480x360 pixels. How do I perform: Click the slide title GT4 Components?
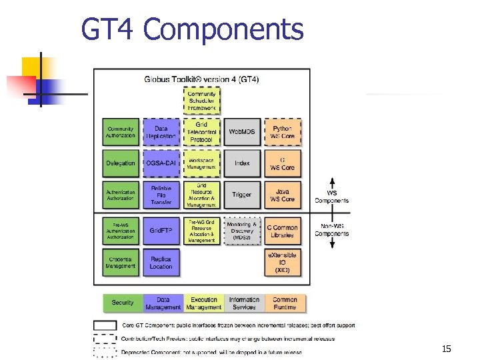pyautogui.click(x=192, y=29)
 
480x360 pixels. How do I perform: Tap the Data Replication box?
pyautogui.click(x=161, y=132)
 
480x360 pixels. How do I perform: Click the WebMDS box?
pyautogui.click(x=242, y=132)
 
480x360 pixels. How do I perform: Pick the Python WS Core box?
pyautogui.click(x=283, y=132)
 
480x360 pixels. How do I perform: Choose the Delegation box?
pyautogui.click(x=121, y=163)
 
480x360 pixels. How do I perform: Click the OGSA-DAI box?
pyautogui.click(x=161, y=163)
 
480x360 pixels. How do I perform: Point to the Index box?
pyautogui.click(x=242, y=163)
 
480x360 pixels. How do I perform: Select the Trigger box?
pyautogui.click(x=242, y=195)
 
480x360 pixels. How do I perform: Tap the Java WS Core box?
pyautogui.click(x=283, y=195)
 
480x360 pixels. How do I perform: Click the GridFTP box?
pyautogui.click(x=161, y=231)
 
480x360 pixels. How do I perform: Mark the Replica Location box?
pyautogui.click(x=161, y=262)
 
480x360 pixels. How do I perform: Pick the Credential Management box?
pyautogui.click(x=121, y=262)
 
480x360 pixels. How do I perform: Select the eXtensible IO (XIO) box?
pyautogui.click(x=283, y=262)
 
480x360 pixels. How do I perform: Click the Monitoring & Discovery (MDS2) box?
pyautogui.click(x=242, y=231)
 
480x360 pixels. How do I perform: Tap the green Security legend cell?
pyautogui.click(x=123, y=303)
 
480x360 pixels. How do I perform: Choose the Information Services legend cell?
pyautogui.click(x=244, y=303)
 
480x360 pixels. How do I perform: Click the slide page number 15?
pyautogui.click(x=446, y=349)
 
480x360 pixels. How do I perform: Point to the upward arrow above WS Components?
pyautogui.click(x=332, y=183)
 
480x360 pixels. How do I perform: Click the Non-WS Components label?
pyautogui.click(x=332, y=230)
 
